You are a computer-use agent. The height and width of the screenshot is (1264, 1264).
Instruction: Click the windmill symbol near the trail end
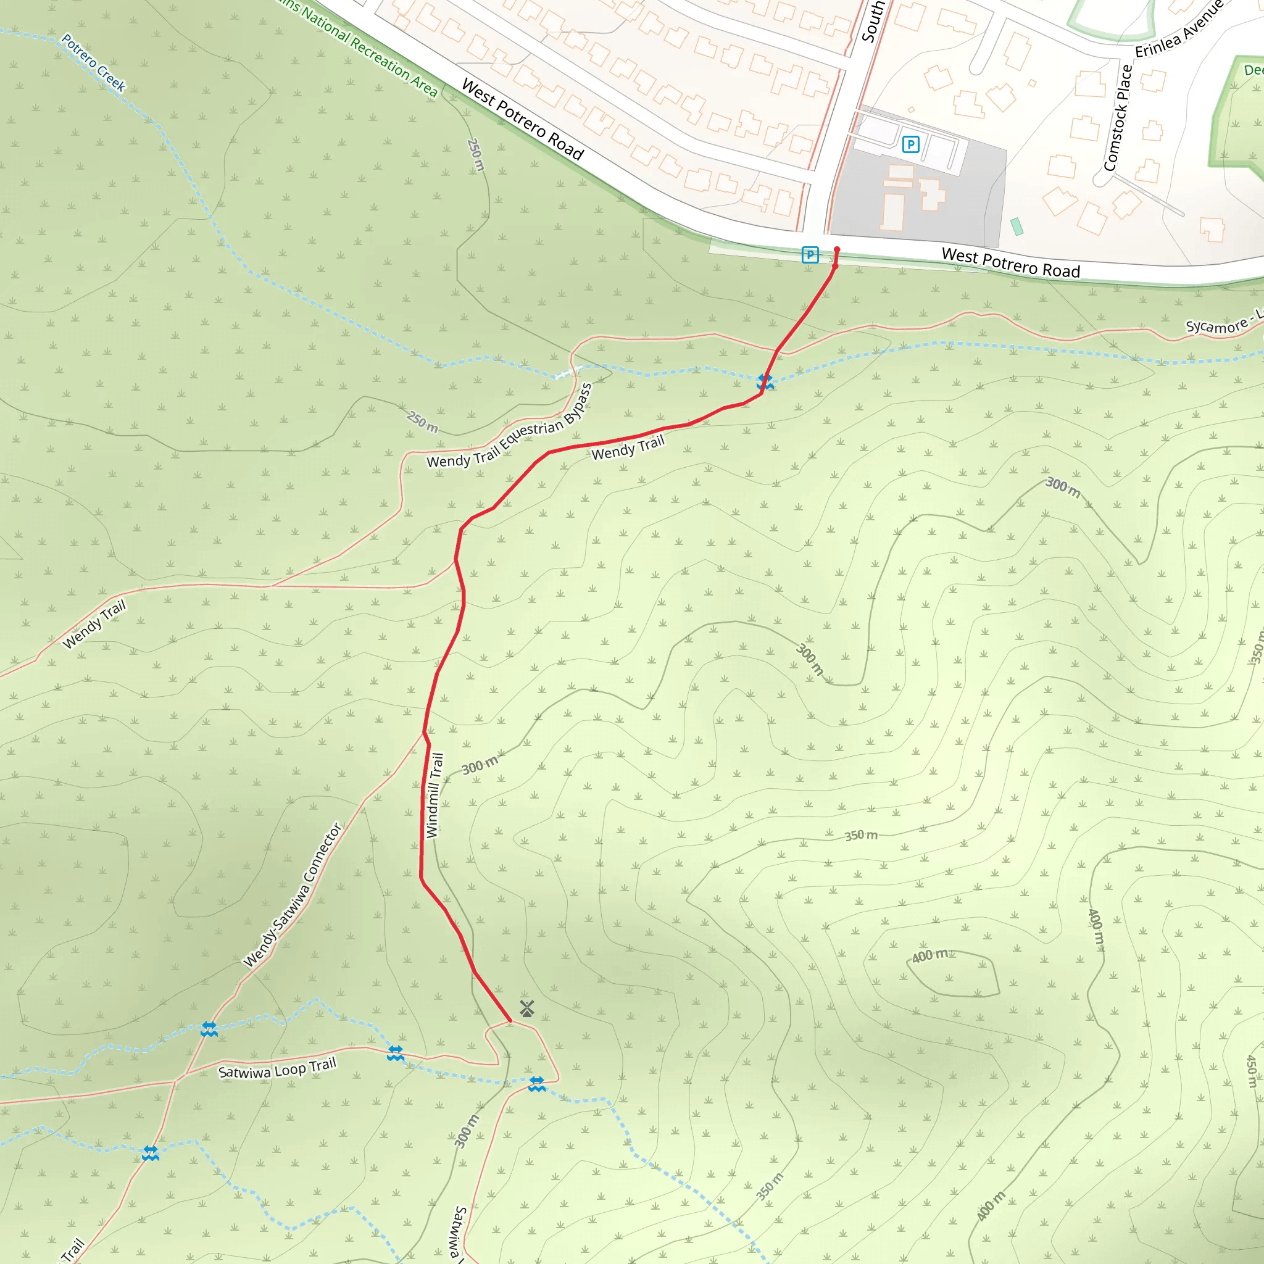(526, 1008)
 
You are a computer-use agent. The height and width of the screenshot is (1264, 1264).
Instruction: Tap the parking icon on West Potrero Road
(810, 254)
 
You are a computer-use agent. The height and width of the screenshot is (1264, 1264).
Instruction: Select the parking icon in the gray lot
(910, 144)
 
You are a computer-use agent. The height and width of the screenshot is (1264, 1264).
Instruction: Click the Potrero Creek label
(93, 63)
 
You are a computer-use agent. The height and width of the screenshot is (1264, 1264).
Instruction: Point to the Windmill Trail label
(434, 795)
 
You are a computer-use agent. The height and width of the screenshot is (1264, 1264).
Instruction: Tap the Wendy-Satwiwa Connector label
(293, 895)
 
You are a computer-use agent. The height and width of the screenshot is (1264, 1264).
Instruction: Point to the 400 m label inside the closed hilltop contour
(929, 956)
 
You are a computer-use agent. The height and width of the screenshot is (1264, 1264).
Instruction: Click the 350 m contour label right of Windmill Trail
(860, 836)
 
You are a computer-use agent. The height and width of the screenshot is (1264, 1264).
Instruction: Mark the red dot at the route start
(837, 249)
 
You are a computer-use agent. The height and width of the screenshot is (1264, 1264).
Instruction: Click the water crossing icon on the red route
(765, 382)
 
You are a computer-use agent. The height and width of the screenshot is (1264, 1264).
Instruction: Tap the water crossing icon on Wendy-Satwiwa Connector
(209, 1028)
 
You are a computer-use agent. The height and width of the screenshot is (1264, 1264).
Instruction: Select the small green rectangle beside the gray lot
(1017, 227)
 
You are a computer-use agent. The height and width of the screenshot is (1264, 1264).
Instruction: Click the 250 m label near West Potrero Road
(476, 154)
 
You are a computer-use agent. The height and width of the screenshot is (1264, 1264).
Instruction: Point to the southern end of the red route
(510, 1021)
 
